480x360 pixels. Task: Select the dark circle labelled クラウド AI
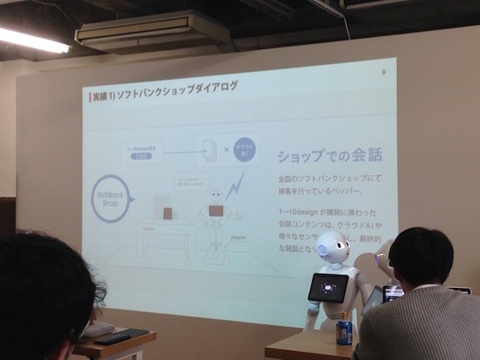click(246, 152)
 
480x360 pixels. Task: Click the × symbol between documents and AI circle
click(226, 151)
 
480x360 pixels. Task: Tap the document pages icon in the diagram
click(207, 151)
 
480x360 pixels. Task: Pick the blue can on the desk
click(344, 328)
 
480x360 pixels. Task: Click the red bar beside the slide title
click(87, 98)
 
